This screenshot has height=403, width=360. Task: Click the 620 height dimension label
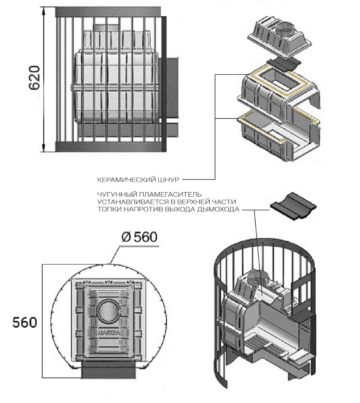tap(34, 78)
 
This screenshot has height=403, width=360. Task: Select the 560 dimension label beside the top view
tap(25, 322)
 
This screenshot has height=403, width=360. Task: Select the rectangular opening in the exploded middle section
tap(279, 79)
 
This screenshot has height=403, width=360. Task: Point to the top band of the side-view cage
tap(110, 12)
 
